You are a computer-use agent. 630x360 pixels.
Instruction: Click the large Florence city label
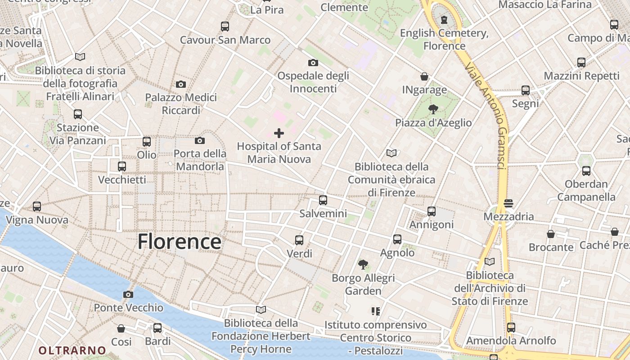(179, 242)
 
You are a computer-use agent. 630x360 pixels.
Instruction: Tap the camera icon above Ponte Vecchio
(128, 295)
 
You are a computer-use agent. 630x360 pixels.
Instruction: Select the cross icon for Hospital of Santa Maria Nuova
(279, 133)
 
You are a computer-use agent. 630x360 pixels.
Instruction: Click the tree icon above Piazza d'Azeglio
(433, 109)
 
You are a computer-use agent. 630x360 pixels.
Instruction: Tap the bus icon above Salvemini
(323, 200)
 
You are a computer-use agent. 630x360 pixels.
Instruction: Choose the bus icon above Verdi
(299, 240)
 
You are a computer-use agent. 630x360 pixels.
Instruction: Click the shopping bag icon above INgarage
(424, 77)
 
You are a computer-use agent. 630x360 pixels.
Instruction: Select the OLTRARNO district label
(72, 350)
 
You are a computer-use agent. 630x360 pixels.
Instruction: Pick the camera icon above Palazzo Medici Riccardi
(181, 84)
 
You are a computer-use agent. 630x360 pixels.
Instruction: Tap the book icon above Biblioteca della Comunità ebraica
(391, 153)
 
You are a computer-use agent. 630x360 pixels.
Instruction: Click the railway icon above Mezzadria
(508, 203)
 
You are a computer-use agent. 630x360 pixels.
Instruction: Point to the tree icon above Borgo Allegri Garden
(363, 265)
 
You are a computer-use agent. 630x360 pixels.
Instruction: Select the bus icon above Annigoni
(432, 211)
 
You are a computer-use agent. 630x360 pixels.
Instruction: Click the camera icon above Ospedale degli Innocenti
(313, 63)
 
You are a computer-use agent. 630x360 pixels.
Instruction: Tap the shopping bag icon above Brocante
(551, 234)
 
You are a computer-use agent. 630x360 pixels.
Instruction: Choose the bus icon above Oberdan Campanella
(586, 171)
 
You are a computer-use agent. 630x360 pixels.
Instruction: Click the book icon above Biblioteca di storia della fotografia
(80, 57)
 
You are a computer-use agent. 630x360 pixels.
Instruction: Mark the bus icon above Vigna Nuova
(37, 207)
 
